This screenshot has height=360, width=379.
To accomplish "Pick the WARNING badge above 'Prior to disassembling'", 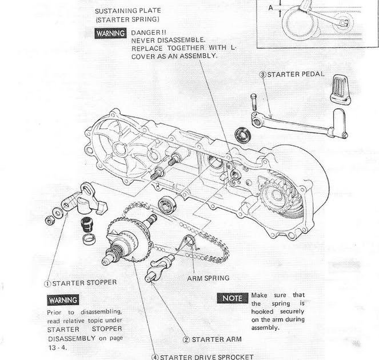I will (x=63, y=299).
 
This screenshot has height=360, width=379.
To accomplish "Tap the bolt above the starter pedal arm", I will (x=252, y=103).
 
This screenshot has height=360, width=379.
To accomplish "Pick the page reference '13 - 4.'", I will (x=58, y=346).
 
